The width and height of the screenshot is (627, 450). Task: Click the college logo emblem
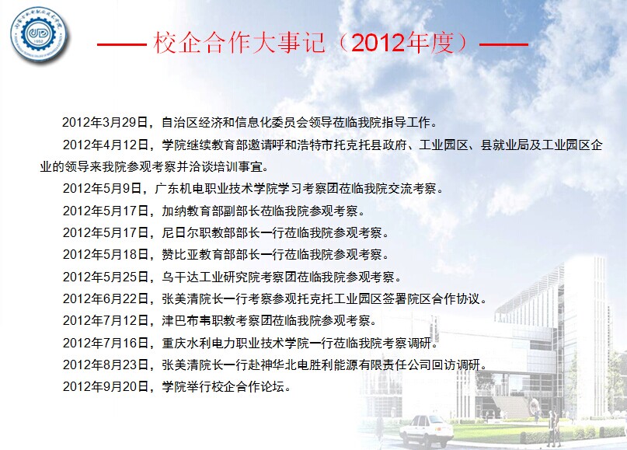(38, 34)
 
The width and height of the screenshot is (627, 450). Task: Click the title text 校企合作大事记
(239, 43)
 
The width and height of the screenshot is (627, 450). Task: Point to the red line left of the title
(121, 44)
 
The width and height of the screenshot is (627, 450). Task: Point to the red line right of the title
(503, 44)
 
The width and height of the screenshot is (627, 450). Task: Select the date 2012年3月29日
(105, 122)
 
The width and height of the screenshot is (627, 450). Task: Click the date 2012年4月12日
(106, 145)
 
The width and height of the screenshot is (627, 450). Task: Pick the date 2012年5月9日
(103, 188)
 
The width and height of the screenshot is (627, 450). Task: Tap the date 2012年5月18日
(106, 254)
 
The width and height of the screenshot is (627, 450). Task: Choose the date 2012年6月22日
(106, 298)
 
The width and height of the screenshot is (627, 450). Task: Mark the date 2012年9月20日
(106, 386)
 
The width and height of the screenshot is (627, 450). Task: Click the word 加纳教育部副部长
(211, 211)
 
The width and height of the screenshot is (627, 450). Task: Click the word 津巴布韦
(186, 320)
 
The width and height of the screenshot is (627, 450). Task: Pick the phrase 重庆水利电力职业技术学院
(235, 343)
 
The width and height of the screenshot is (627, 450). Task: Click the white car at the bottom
(427, 431)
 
